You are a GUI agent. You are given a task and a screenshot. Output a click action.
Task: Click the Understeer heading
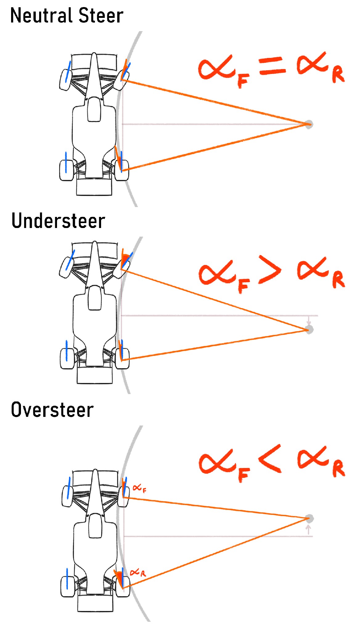[58, 221]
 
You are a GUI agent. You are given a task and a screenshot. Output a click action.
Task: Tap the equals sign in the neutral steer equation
[272, 66]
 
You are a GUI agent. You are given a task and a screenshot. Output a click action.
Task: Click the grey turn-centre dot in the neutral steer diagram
[309, 124]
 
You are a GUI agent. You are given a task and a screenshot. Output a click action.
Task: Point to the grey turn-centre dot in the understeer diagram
[309, 329]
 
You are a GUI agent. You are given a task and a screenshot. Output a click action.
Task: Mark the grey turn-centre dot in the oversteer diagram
[309, 518]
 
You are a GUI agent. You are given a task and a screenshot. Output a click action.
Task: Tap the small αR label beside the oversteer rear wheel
[137, 573]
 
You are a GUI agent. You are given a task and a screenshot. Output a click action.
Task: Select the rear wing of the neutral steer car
[94, 187]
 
